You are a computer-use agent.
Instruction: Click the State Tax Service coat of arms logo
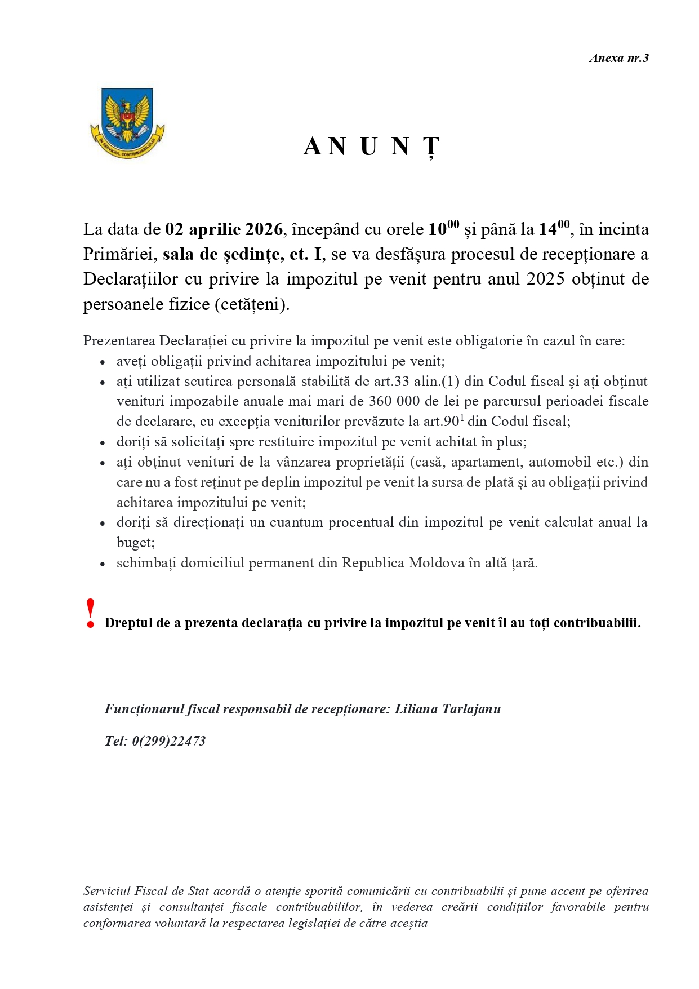(127, 123)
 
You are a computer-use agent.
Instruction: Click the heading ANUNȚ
(371, 147)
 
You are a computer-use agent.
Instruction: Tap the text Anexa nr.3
(619, 58)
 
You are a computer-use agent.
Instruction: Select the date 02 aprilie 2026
(224, 230)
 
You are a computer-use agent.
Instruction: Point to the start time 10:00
(443, 229)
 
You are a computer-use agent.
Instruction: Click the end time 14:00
(554, 229)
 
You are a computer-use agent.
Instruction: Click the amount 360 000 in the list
(394, 401)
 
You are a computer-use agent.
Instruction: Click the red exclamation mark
(90, 614)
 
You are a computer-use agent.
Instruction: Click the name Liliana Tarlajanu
(447, 709)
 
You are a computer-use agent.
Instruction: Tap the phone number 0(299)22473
(168, 741)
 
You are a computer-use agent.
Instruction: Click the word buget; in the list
(136, 543)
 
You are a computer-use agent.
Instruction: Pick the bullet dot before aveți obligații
(103, 362)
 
